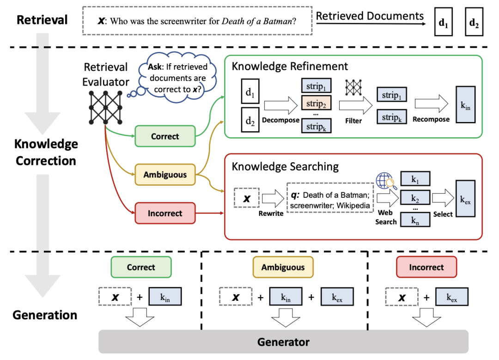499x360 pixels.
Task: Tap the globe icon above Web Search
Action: pos(384,181)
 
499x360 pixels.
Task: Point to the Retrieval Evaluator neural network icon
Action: pos(105,107)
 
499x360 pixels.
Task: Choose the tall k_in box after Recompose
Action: pos(465,104)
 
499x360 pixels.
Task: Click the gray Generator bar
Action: pos(284,342)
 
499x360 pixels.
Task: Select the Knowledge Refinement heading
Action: pos(290,66)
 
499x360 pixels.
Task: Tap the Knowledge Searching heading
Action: pos(285,166)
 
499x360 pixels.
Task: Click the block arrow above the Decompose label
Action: pos(280,105)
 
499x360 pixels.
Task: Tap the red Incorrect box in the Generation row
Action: pos(426,267)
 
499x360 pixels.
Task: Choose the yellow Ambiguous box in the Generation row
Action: pos(283,267)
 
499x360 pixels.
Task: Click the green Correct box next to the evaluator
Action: pos(165,137)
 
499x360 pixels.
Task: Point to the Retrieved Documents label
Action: pos(370,16)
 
